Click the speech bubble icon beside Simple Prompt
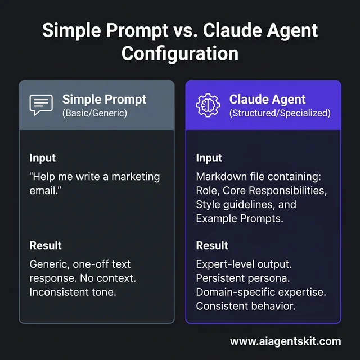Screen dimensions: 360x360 pos(40,105)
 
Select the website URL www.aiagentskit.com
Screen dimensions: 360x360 pos(285,341)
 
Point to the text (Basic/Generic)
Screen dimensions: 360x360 pos(95,113)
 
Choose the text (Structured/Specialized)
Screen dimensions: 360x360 pos(280,113)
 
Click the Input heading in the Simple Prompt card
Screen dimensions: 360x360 pos(42,158)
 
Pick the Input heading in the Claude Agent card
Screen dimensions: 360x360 pos(209,158)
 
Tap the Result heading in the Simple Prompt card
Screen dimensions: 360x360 pos(45,246)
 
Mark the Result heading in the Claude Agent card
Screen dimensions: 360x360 pos(212,246)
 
